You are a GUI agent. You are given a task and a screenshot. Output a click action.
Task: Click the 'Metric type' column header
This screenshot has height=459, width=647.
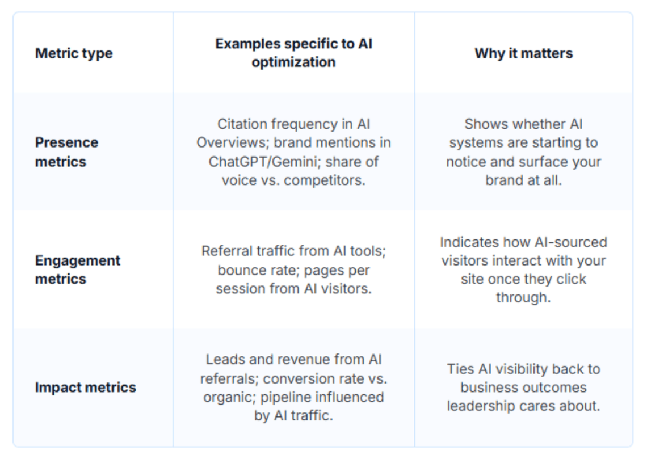coord(74,53)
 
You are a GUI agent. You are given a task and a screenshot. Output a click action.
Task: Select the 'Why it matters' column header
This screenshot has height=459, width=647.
coord(523,53)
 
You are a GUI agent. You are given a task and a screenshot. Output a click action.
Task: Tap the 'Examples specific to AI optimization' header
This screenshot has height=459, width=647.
coord(293,53)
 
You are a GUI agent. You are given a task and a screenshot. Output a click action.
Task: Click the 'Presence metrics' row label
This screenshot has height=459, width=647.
coord(66,151)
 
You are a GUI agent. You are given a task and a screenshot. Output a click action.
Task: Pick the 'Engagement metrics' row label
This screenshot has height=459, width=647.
coord(77,269)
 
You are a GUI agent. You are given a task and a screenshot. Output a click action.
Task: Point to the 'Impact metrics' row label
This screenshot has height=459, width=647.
coord(85,388)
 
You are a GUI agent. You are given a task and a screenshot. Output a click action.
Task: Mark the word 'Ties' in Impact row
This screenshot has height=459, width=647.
coord(461,369)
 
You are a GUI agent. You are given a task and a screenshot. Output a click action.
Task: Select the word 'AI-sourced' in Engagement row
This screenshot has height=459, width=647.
coord(571,242)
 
